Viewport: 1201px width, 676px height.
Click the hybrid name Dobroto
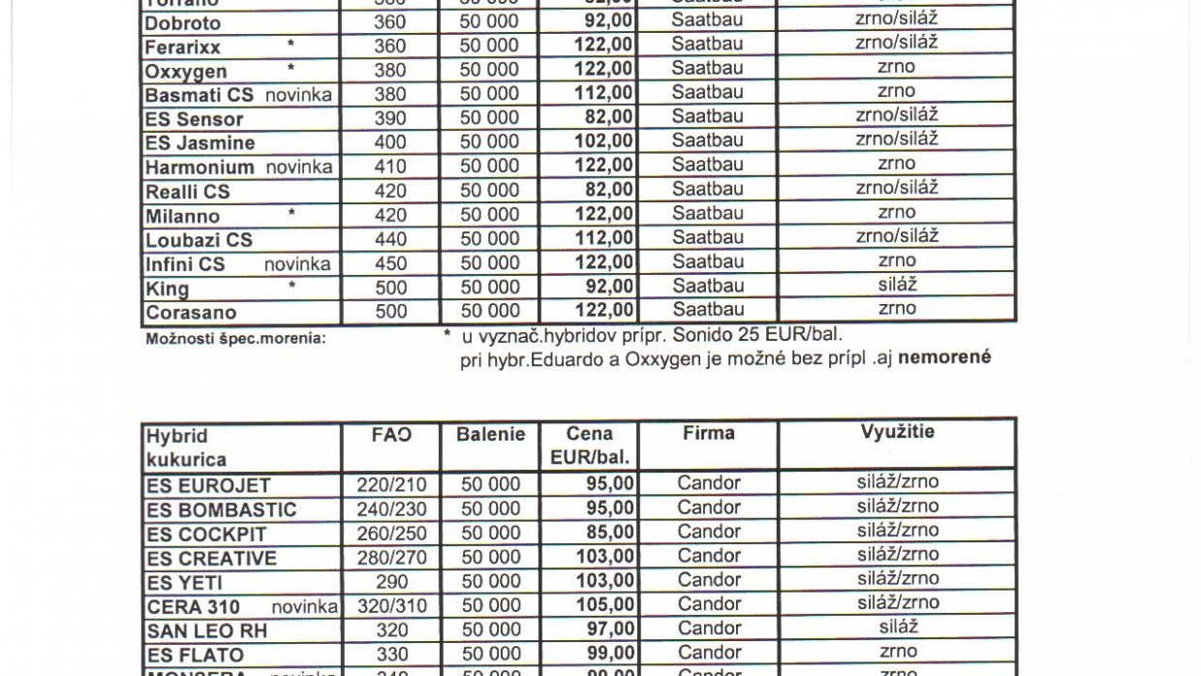point(182,23)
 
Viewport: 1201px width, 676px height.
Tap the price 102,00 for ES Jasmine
point(603,141)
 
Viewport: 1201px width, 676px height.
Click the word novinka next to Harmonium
point(298,167)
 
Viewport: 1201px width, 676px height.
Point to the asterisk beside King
point(292,285)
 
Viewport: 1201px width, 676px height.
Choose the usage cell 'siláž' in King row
point(897,285)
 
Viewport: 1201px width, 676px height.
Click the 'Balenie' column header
point(490,435)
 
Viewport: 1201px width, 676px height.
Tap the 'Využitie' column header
point(897,433)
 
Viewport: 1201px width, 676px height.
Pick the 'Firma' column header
point(708,433)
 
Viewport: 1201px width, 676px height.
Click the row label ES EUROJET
point(207,485)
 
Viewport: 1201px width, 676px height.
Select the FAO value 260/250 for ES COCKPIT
point(390,533)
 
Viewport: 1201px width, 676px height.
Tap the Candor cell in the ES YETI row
point(708,580)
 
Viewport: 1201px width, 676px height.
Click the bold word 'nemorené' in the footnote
point(944,357)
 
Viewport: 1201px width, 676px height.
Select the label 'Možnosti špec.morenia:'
point(235,339)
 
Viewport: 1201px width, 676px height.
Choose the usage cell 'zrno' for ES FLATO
point(898,652)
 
